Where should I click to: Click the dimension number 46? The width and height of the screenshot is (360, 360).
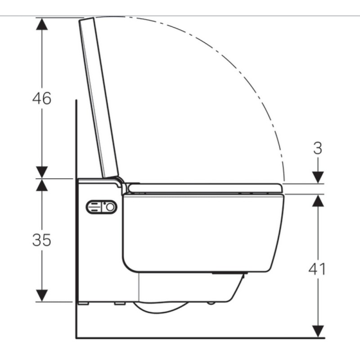pyautogui.click(x=41, y=99)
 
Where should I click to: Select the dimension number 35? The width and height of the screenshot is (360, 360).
pyautogui.click(x=41, y=240)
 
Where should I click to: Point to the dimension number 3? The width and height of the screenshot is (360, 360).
pyautogui.click(x=318, y=148)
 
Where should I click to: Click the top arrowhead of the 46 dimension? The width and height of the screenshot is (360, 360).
pyautogui.click(x=42, y=24)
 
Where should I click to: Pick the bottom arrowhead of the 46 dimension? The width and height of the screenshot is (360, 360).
pyautogui.click(x=42, y=172)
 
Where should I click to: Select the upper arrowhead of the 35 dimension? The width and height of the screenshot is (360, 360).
pyautogui.click(x=42, y=185)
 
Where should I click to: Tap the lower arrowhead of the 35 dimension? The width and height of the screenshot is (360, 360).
pyautogui.click(x=42, y=296)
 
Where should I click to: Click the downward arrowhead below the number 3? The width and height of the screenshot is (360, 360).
pyautogui.click(x=318, y=177)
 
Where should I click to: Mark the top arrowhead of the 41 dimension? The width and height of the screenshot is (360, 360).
pyautogui.click(x=318, y=200)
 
